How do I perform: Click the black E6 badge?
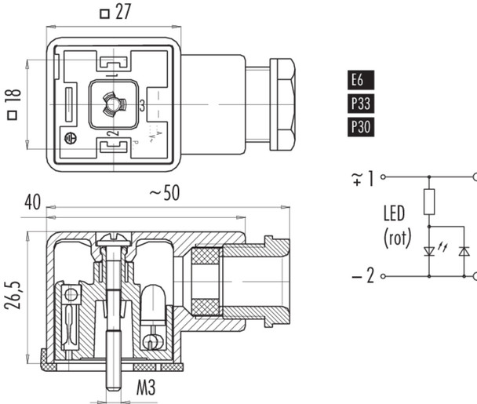[357, 79]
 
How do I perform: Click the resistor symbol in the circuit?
[431, 202]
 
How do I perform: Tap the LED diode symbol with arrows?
[431, 250]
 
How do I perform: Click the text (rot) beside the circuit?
[396, 238]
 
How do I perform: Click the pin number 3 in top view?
[142, 106]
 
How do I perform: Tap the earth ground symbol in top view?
[69, 138]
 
